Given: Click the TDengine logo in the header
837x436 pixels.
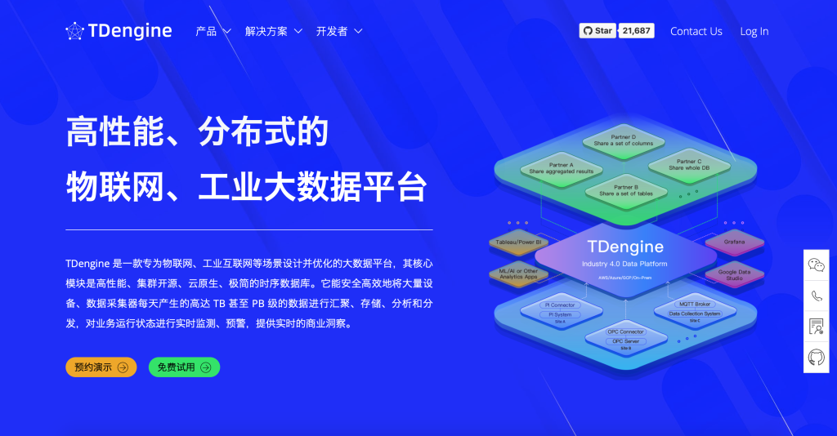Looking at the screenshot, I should [119, 31].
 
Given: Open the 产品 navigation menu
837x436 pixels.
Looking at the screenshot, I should [213, 31].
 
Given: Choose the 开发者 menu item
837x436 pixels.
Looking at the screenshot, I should [339, 31].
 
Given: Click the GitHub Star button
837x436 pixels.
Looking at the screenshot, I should [598, 31].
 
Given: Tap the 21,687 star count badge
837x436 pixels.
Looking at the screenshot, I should [636, 31].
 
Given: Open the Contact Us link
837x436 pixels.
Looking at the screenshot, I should [696, 31].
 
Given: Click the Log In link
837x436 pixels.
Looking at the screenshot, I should [754, 31].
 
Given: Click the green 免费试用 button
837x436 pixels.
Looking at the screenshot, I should [184, 367].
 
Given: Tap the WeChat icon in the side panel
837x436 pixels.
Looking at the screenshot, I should [816, 265].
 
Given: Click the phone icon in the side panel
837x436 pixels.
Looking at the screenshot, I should [816, 296].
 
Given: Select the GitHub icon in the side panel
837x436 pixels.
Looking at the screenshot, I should [816, 357].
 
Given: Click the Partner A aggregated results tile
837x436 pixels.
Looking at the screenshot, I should [561, 168].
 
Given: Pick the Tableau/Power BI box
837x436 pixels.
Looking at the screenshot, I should [518, 242].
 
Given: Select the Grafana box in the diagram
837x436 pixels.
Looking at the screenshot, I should [734, 242].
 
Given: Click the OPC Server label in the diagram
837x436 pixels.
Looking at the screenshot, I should [625, 341].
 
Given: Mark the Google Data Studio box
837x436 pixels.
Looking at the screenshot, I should [733, 275].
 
